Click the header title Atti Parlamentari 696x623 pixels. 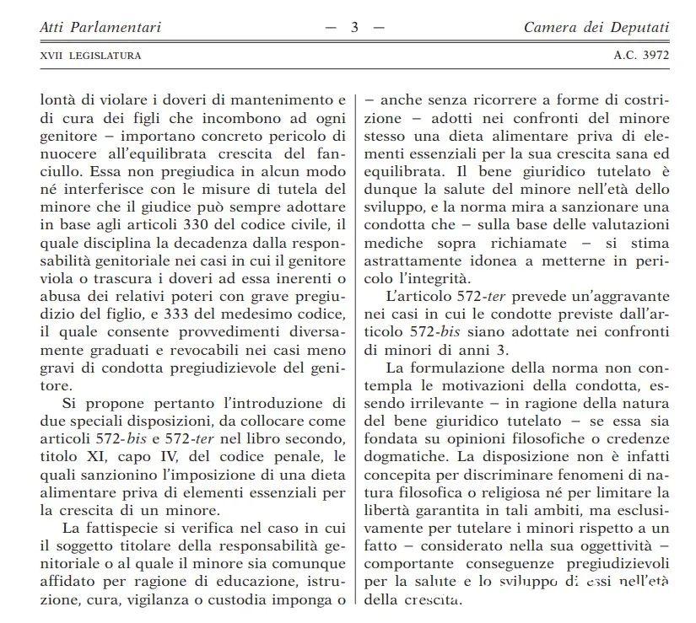coord(100,28)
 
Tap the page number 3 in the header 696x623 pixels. coord(355,28)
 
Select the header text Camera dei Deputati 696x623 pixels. coord(596,28)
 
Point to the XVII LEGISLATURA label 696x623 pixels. coord(90,56)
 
